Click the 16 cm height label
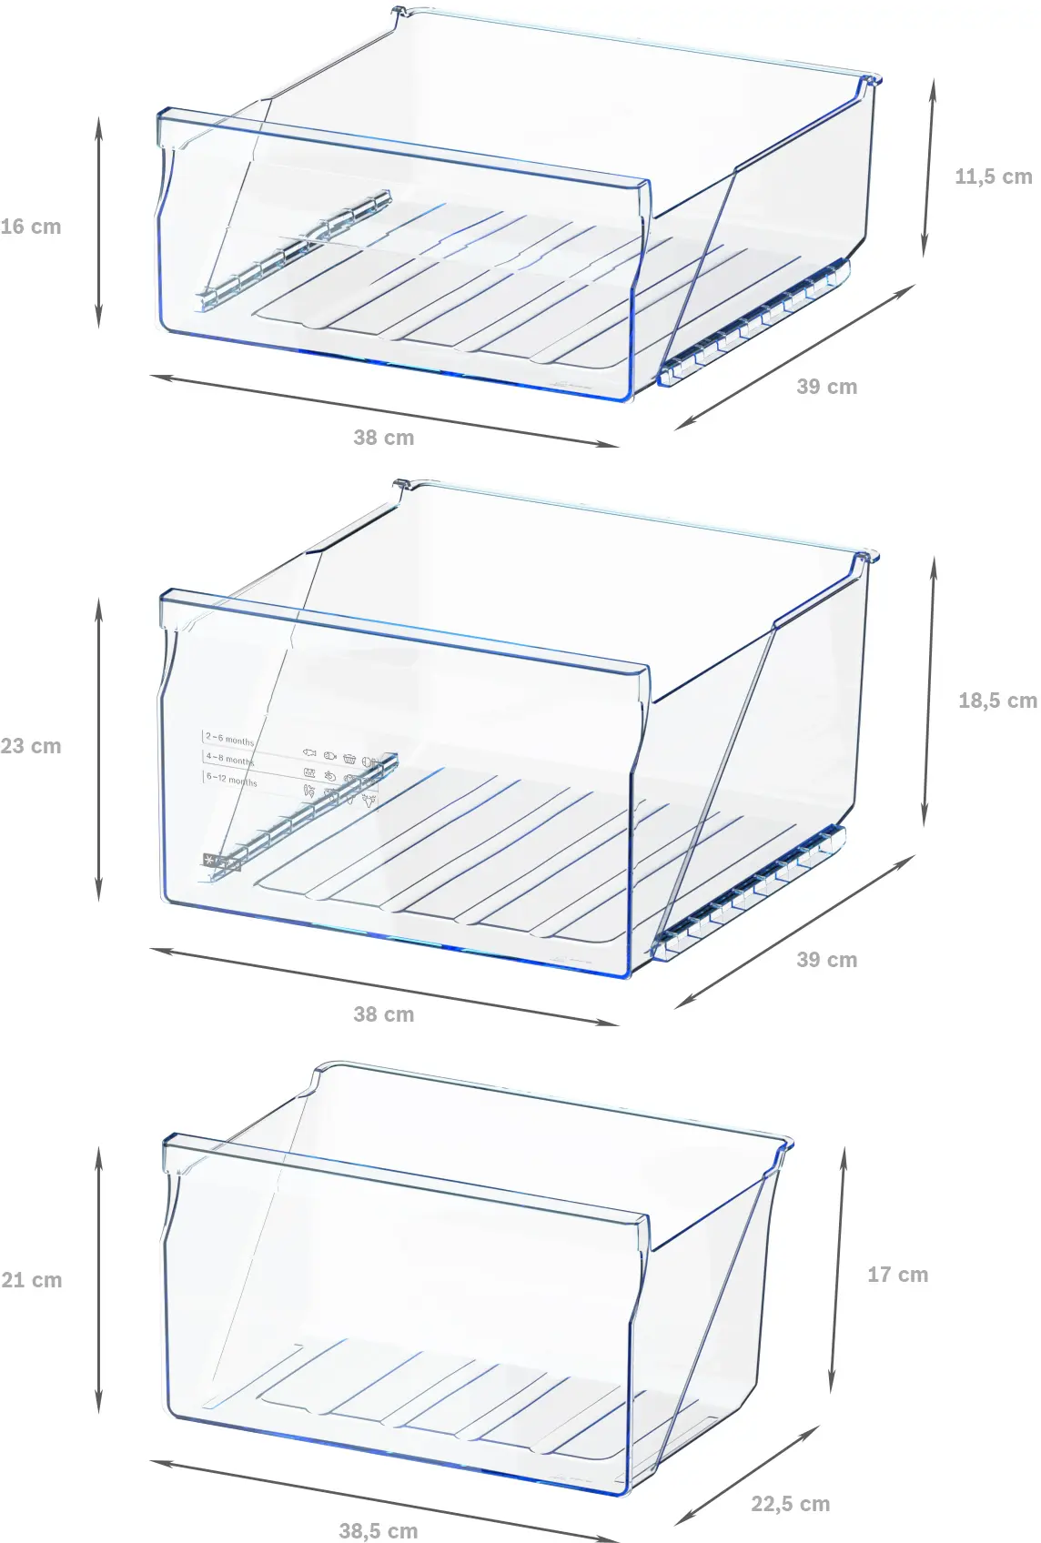point(31,227)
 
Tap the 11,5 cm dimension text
point(993,176)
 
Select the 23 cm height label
point(31,746)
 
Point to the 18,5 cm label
point(996,701)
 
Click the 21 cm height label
point(31,1280)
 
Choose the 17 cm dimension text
point(897,1275)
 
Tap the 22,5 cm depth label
point(790,1504)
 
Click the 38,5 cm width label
point(378,1530)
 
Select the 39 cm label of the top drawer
point(826,387)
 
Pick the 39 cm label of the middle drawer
point(826,960)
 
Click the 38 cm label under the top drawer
point(383,438)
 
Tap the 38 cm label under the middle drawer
point(383,1014)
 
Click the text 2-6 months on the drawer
point(229,740)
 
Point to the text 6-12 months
point(231,780)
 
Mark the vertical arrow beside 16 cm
point(98,223)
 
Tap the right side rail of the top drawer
point(755,323)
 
